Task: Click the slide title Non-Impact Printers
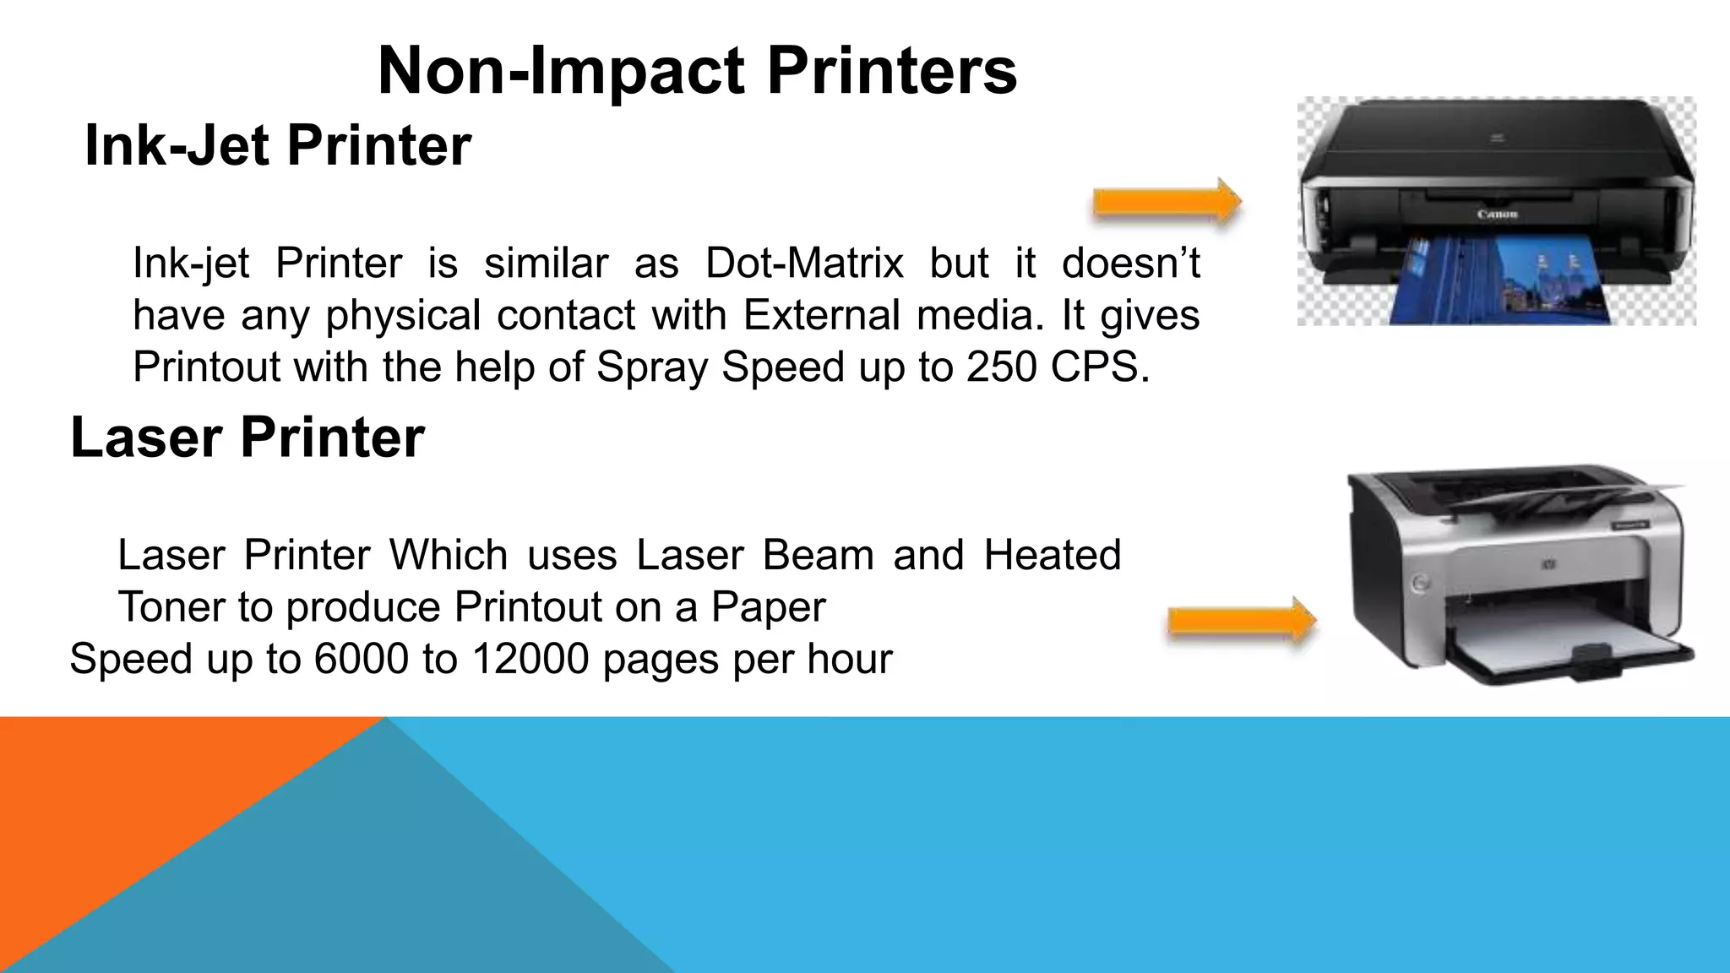(x=697, y=71)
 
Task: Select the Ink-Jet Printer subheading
(x=278, y=145)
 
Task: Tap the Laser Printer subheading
(x=248, y=438)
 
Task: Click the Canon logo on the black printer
(x=1497, y=215)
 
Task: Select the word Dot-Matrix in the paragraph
(x=804, y=263)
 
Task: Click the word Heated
(x=1052, y=555)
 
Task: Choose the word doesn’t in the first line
(x=1130, y=263)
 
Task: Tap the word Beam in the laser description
(x=818, y=555)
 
